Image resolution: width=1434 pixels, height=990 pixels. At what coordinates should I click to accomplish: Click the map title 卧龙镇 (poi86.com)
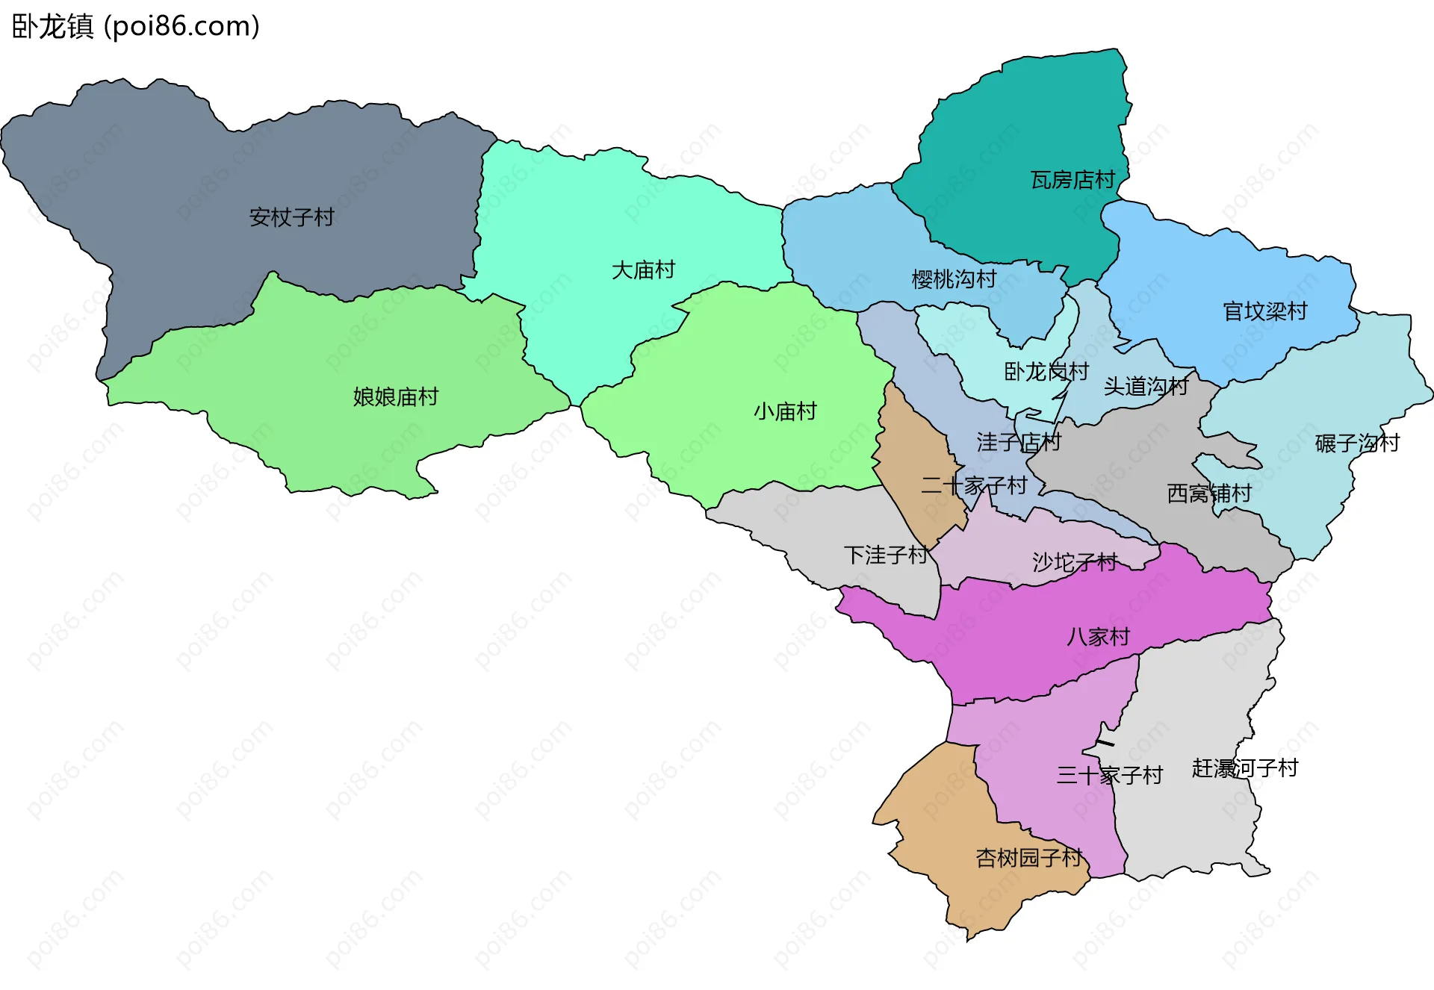click(x=136, y=26)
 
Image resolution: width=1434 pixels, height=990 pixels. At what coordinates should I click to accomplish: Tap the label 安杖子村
click(x=291, y=217)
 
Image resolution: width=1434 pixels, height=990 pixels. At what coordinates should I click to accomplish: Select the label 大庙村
click(x=643, y=270)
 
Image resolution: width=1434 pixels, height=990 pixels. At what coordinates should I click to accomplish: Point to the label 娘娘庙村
click(x=395, y=396)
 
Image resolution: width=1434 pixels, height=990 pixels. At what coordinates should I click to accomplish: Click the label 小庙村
click(x=785, y=411)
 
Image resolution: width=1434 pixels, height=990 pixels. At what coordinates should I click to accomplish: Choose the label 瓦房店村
click(x=1073, y=180)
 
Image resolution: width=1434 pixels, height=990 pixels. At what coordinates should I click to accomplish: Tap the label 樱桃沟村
click(x=954, y=279)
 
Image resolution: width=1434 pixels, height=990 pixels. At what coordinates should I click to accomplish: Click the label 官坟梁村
click(x=1265, y=311)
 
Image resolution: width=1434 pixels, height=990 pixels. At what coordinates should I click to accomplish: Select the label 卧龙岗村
click(x=1046, y=371)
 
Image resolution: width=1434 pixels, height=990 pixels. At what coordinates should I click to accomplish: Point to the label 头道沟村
click(x=1146, y=386)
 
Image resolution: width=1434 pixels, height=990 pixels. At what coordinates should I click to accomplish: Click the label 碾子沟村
click(x=1357, y=443)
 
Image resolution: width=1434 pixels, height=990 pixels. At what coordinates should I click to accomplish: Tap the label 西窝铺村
click(x=1209, y=494)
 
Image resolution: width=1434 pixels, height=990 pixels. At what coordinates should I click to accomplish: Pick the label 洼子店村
click(x=1019, y=442)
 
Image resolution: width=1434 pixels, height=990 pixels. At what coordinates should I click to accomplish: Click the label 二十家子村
click(x=974, y=486)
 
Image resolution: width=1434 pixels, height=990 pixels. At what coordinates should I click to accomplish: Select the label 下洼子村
click(x=886, y=555)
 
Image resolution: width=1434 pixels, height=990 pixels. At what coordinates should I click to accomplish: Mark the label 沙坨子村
click(x=1075, y=562)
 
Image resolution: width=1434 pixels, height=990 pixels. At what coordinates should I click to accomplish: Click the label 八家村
click(x=1098, y=637)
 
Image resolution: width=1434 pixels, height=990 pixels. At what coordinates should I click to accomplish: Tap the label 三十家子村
click(x=1109, y=776)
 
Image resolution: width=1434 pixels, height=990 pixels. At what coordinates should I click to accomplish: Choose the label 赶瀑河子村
click(x=1245, y=768)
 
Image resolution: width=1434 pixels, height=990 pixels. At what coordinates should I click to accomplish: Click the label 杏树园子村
click(x=1028, y=858)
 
